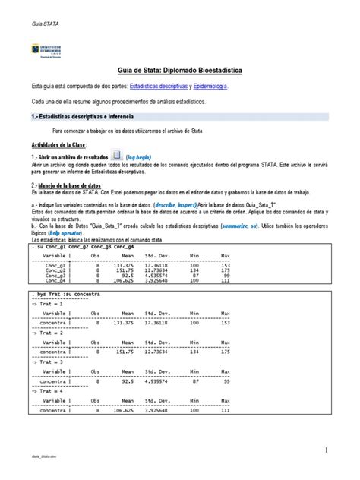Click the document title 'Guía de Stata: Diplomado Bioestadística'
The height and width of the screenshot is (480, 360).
(179, 69)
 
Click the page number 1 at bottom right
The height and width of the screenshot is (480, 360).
(326, 450)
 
